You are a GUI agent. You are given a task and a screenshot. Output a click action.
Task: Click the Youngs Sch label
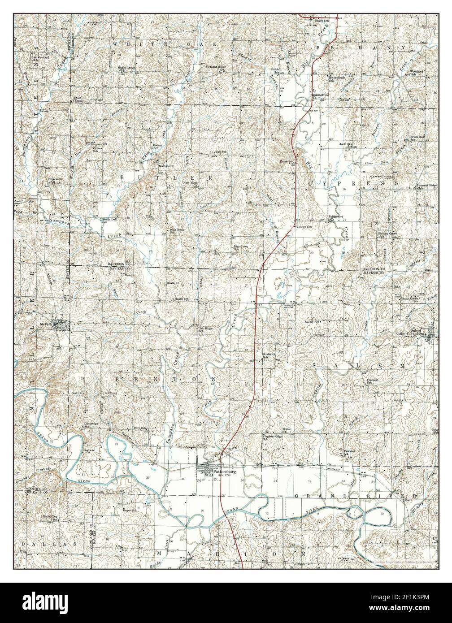click(303, 227)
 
